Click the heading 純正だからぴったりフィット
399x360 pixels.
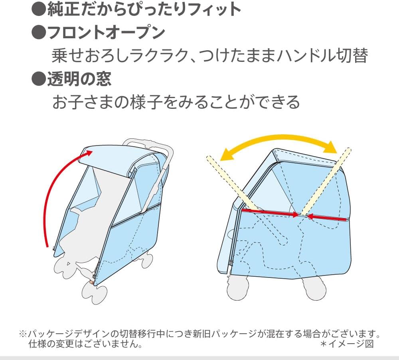[144, 9]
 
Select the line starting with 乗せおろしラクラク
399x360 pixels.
[209, 56]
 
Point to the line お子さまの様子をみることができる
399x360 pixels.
[176, 102]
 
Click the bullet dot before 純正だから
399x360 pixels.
[39, 10]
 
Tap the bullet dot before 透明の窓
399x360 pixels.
[39, 79]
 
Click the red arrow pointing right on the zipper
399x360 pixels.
[271, 212]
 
